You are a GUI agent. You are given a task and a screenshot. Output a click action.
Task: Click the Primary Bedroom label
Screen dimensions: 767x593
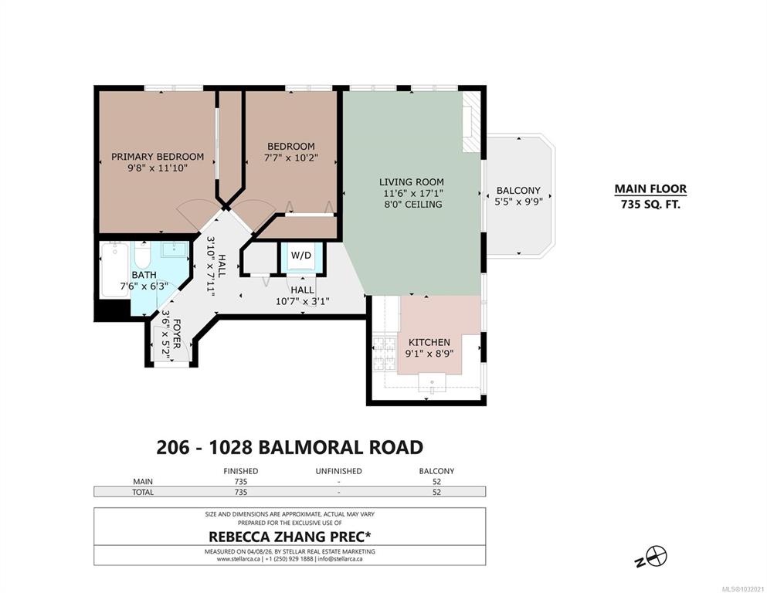(x=158, y=157)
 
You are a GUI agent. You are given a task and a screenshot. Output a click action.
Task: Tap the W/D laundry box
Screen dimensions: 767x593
(x=300, y=256)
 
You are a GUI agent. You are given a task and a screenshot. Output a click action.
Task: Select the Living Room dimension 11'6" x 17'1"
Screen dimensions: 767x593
(x=411, y=193)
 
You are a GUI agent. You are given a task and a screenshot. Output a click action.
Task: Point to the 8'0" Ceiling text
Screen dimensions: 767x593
(x=412, y=205)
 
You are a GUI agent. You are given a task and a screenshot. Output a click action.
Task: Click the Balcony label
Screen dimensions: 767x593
(x=518, y=190)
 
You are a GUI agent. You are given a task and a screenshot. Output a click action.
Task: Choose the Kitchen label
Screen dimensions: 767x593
(x=429, y=342)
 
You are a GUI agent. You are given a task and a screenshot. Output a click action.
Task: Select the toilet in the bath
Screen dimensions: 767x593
(x=143, y=255)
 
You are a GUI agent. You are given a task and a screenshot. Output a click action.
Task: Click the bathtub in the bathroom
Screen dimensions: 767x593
(x=114, y=269)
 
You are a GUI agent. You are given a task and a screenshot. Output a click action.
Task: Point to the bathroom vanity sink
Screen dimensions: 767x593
(x=175, y=249)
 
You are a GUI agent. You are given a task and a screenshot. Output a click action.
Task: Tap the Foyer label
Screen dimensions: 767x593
(x=177, y=334)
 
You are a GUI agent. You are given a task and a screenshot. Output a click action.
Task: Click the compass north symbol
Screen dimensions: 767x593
(x=653, y=557)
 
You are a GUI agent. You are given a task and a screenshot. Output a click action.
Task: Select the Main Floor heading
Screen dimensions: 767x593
(x=650, y=188)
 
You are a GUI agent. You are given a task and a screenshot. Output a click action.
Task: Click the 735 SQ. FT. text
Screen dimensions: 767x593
(x=650, y=205)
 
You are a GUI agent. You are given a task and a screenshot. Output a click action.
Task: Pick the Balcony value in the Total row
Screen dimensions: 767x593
(x=436, y=493)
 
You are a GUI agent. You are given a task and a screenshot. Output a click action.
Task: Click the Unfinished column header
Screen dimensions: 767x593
(x=338, y=471)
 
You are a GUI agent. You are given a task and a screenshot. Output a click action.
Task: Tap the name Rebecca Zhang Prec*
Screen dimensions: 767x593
(x=290, y=537)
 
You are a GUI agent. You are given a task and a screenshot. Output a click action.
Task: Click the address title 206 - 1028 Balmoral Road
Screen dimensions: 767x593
(x=290, y=447)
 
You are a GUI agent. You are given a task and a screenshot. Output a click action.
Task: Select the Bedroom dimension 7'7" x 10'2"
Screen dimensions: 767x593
(x=291, y=158)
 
